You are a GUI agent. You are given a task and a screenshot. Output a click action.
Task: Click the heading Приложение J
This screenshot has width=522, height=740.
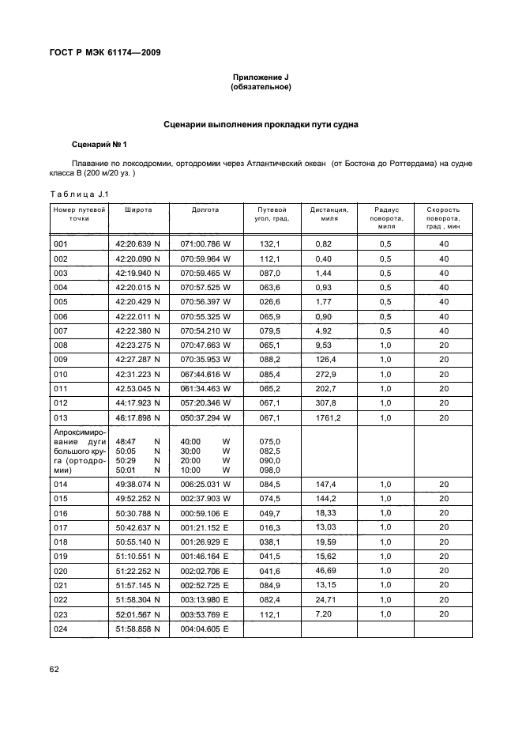pyautogui.click(x=261, y=77)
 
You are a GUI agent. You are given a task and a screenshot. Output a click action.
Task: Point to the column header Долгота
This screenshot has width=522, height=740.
pyautogui.click(x=205, y=210)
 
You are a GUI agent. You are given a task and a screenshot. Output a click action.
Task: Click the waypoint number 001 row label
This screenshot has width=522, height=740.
pyautogui.click(x=61, y=244)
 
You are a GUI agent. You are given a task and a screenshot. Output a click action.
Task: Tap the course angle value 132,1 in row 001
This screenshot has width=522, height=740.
pyautogui.click(x=270, y=244)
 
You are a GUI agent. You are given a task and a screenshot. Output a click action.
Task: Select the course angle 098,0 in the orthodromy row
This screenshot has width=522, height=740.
pyautogui.click(x=270, y=470)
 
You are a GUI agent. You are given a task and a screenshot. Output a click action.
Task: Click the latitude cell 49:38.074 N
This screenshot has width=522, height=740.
pyautogui.click(x=137, y=485)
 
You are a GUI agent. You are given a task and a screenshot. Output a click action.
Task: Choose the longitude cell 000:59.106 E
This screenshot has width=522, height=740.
pyautogui.click(x=205, y=514)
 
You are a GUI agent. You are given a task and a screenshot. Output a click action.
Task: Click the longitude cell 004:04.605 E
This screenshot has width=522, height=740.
pyautogui.click(x=205, y=629)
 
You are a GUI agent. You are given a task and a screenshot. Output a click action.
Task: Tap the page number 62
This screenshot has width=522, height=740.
pyautogui.click(x=54, y=670)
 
